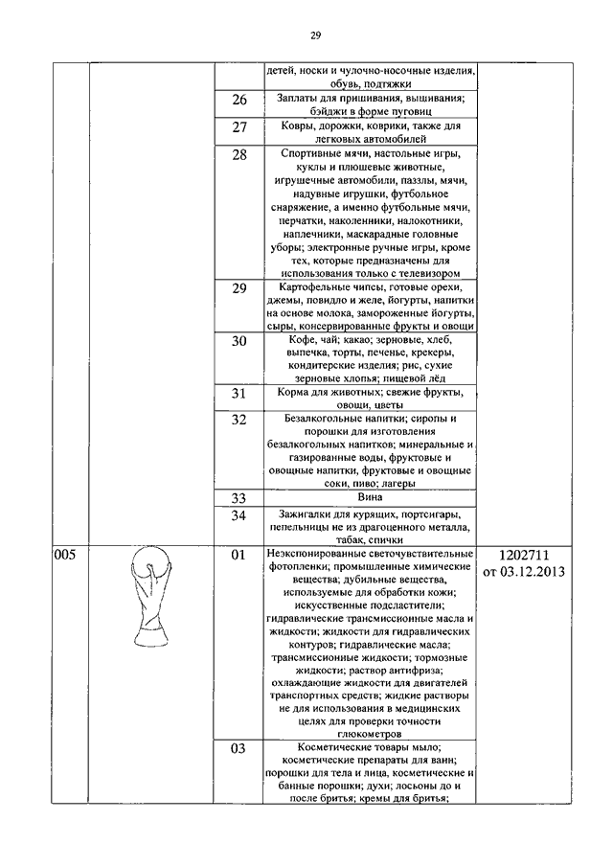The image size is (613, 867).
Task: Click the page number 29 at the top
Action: (314, 35)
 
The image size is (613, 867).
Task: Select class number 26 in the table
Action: (239, 100)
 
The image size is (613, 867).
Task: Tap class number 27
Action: (239, 128)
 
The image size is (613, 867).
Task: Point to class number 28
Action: (239, 156)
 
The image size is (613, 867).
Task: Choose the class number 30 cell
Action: (239, 342)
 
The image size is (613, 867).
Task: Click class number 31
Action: (239, 394)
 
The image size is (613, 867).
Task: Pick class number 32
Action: (239, 421)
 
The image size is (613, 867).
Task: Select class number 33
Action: (239, 498)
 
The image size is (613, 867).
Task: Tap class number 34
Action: (239, 517)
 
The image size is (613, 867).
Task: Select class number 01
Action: (239, 556)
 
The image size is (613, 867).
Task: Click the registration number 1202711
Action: (524, 556)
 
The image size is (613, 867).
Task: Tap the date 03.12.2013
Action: (537, 573)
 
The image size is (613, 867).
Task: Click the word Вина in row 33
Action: (370, 497)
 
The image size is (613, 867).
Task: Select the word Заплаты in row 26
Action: (300, 98)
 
